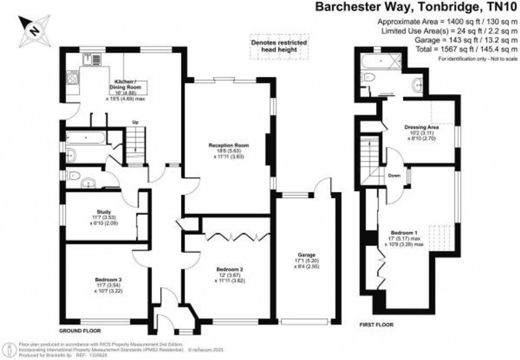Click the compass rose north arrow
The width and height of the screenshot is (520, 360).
[x=33, y=29]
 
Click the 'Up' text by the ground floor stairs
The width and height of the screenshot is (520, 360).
[x=135, y=122]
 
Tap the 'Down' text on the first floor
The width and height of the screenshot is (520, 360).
[x=394, y=175]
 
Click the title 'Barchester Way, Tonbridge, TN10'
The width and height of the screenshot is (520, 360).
[x=417, y=7]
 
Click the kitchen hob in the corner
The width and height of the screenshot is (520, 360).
[x=73, y=77]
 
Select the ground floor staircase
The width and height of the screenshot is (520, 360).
[x=136, y=144]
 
